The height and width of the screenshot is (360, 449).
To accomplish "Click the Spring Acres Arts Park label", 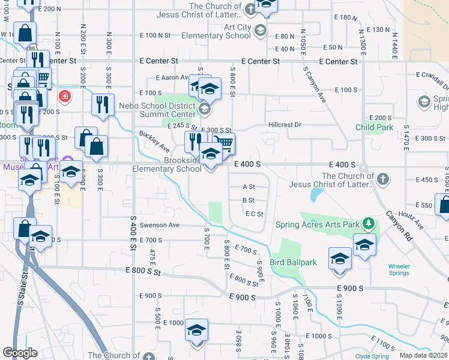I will [x=317, y=225].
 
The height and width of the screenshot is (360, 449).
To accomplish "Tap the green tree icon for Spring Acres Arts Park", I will [x=369, y=224].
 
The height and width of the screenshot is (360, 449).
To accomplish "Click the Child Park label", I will [x=374, y=127].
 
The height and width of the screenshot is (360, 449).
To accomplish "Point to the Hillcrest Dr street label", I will [x=284, y=125].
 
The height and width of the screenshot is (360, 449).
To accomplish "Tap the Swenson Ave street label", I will [x=160, y=225].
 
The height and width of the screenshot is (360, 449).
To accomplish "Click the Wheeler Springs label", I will [x=399, y=269].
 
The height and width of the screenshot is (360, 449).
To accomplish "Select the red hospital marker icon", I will [x=63, y=96].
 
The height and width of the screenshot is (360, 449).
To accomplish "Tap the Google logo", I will [x=20, y=353].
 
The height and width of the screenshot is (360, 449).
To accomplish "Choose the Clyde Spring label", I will [x=372, y=356].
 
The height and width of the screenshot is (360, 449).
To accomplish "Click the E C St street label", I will [x=254, y=214].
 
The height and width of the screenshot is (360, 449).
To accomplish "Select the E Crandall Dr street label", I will [x=432, y=75].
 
